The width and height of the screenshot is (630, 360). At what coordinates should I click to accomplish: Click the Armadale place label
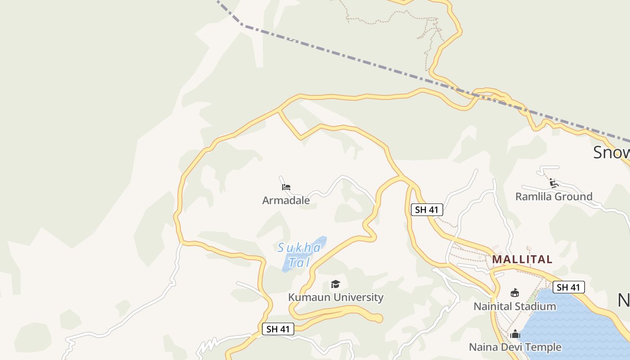tap(286, 200)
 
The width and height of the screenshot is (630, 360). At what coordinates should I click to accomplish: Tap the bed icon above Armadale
tap(286, 187)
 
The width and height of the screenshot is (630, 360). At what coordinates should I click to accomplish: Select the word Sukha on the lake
tap(299, 248)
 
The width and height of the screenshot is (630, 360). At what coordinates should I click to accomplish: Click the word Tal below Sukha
tap(300, 262)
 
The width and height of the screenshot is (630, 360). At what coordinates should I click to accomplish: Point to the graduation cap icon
tap(335, 284)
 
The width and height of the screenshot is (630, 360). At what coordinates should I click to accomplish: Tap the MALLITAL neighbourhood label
tap(522, 259)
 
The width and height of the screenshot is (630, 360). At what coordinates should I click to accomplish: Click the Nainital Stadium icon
tap(515, 293)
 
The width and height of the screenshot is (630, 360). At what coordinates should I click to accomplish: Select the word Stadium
tap(535, 306)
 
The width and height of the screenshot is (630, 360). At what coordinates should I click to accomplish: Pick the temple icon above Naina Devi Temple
tap(515, 334)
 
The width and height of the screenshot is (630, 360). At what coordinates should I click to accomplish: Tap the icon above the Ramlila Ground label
tap(553, 183)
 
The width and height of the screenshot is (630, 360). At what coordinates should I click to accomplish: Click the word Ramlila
tap(534, 197)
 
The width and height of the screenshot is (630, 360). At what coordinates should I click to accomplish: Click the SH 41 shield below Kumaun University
tap(278, 329)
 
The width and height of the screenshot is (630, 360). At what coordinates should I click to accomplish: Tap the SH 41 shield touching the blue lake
tap(568, 287)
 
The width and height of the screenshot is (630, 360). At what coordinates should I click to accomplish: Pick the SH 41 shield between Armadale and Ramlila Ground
tap(427, 210)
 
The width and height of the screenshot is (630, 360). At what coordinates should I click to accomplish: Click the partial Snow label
tap(611, 153)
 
